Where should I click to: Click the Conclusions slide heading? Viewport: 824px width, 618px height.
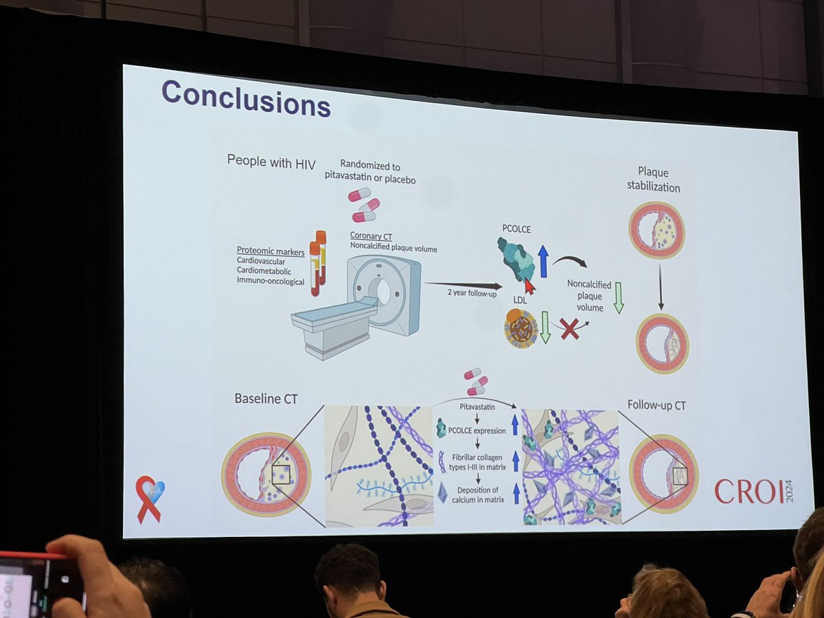(246, 100)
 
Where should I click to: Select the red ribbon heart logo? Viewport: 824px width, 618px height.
(150, 497)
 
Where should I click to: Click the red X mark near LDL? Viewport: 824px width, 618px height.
(569, 328)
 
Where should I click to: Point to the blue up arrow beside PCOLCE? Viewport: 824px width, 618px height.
(543, 261)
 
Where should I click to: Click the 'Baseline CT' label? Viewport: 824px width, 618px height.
(266, 398)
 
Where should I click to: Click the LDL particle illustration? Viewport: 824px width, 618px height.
(521, 327)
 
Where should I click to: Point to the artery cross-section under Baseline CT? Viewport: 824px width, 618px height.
(266, 473)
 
